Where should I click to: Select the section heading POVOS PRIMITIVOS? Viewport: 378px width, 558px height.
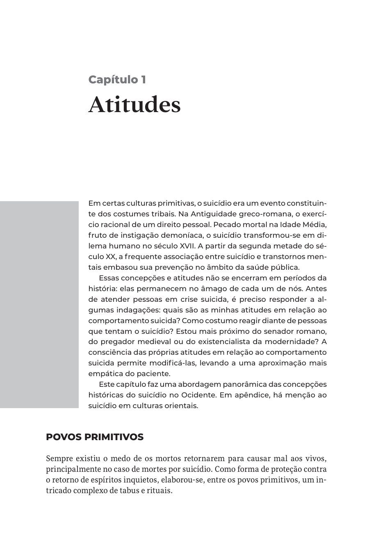click(x=95, y=437)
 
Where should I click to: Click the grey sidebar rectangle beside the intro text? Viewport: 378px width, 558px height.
click(x=39, y=304)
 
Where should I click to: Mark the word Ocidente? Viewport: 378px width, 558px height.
click(x=198, y=395)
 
